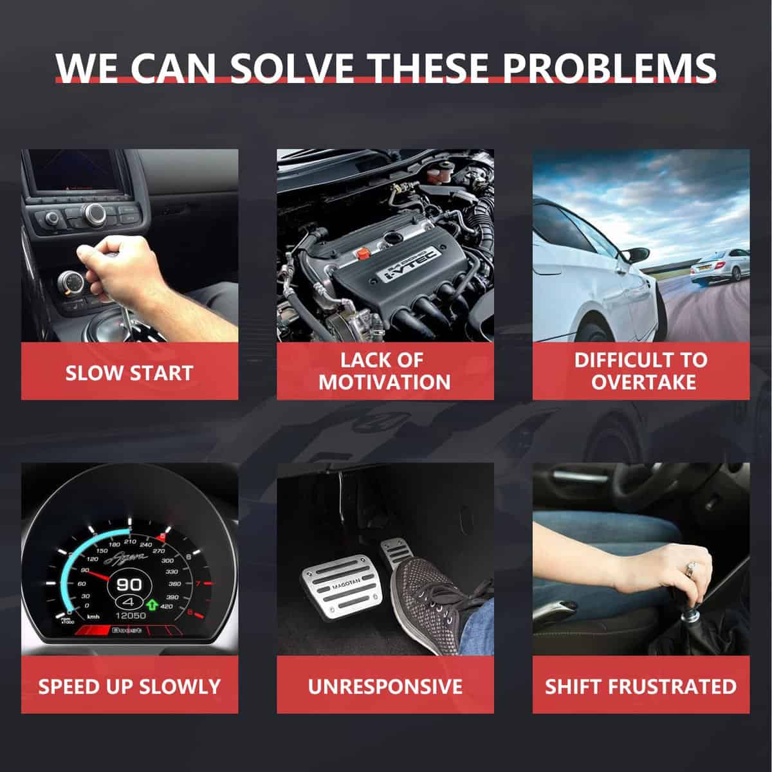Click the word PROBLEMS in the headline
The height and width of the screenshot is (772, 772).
click(x=609, y=68)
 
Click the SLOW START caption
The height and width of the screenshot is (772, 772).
click(x=129, y=373)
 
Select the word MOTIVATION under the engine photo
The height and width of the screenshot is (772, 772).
click(x=385, y=382)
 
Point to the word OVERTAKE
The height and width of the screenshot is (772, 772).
click(x=643, y=382)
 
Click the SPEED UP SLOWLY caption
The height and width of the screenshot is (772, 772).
click(x=129, y=686)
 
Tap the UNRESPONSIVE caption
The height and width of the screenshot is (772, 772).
click(x=385, y=686)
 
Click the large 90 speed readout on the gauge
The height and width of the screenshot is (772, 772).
click(x=129, y=585)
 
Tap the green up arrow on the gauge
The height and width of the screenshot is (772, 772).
click(x=152, y=604)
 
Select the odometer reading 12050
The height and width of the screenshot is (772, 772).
click(x=131, y=616)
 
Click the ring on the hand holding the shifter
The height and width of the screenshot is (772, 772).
click(x=690, y=568)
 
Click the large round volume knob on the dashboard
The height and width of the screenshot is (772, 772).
click(x=95, y=212)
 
